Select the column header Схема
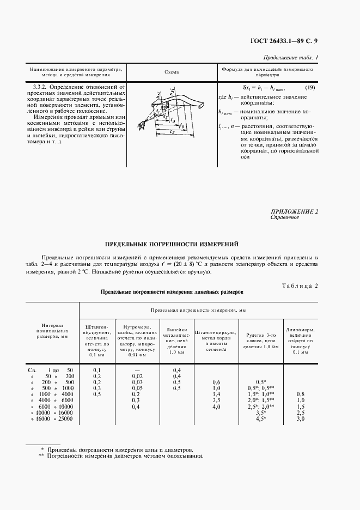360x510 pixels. (x=171, y=72)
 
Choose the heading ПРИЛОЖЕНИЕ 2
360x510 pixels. (x=294, y=211)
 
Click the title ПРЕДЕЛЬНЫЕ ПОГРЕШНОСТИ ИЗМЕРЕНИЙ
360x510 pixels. (x=171, y=244)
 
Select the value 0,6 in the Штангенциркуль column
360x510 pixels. (x=216, y=382)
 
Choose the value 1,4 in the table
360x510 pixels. (x=216, y=394)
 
